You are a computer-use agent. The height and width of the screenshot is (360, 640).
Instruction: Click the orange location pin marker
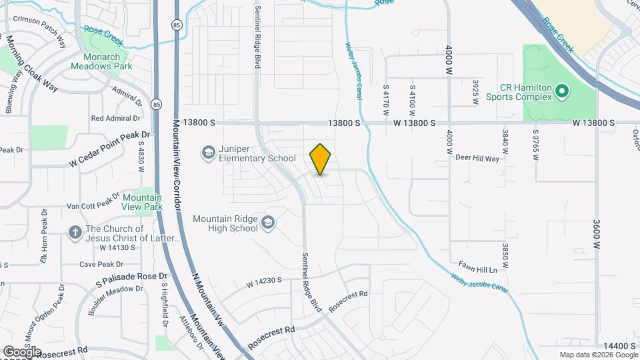[321, 159]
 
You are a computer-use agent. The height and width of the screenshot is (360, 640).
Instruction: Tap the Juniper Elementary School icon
[208, 153]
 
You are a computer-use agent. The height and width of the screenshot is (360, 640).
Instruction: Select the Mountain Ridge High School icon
[268, 223]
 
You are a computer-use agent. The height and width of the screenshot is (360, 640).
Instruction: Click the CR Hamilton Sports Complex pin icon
[561, 91]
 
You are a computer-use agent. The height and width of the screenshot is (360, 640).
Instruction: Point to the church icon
[76, 233]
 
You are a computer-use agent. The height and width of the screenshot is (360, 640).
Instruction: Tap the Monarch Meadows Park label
[101, 61]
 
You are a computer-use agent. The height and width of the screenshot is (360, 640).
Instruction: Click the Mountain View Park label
[143, 202]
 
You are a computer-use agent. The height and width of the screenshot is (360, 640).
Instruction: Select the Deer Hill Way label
[477, 159]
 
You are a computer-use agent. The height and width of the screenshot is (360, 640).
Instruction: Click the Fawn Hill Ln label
[478, 269]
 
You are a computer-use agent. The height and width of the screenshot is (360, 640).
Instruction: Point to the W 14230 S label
[263, 283]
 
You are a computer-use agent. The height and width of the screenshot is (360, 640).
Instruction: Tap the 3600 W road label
[597, 233]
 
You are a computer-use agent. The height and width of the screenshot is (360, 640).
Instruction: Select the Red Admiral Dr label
[116, 118]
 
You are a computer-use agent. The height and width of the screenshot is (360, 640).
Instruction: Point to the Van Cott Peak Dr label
[92, 207]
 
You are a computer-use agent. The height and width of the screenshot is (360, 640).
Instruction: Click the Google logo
[21, 351]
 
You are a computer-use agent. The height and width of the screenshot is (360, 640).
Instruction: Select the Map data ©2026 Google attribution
[598, 355]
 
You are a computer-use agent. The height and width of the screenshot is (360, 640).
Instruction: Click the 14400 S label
[616, 345]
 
